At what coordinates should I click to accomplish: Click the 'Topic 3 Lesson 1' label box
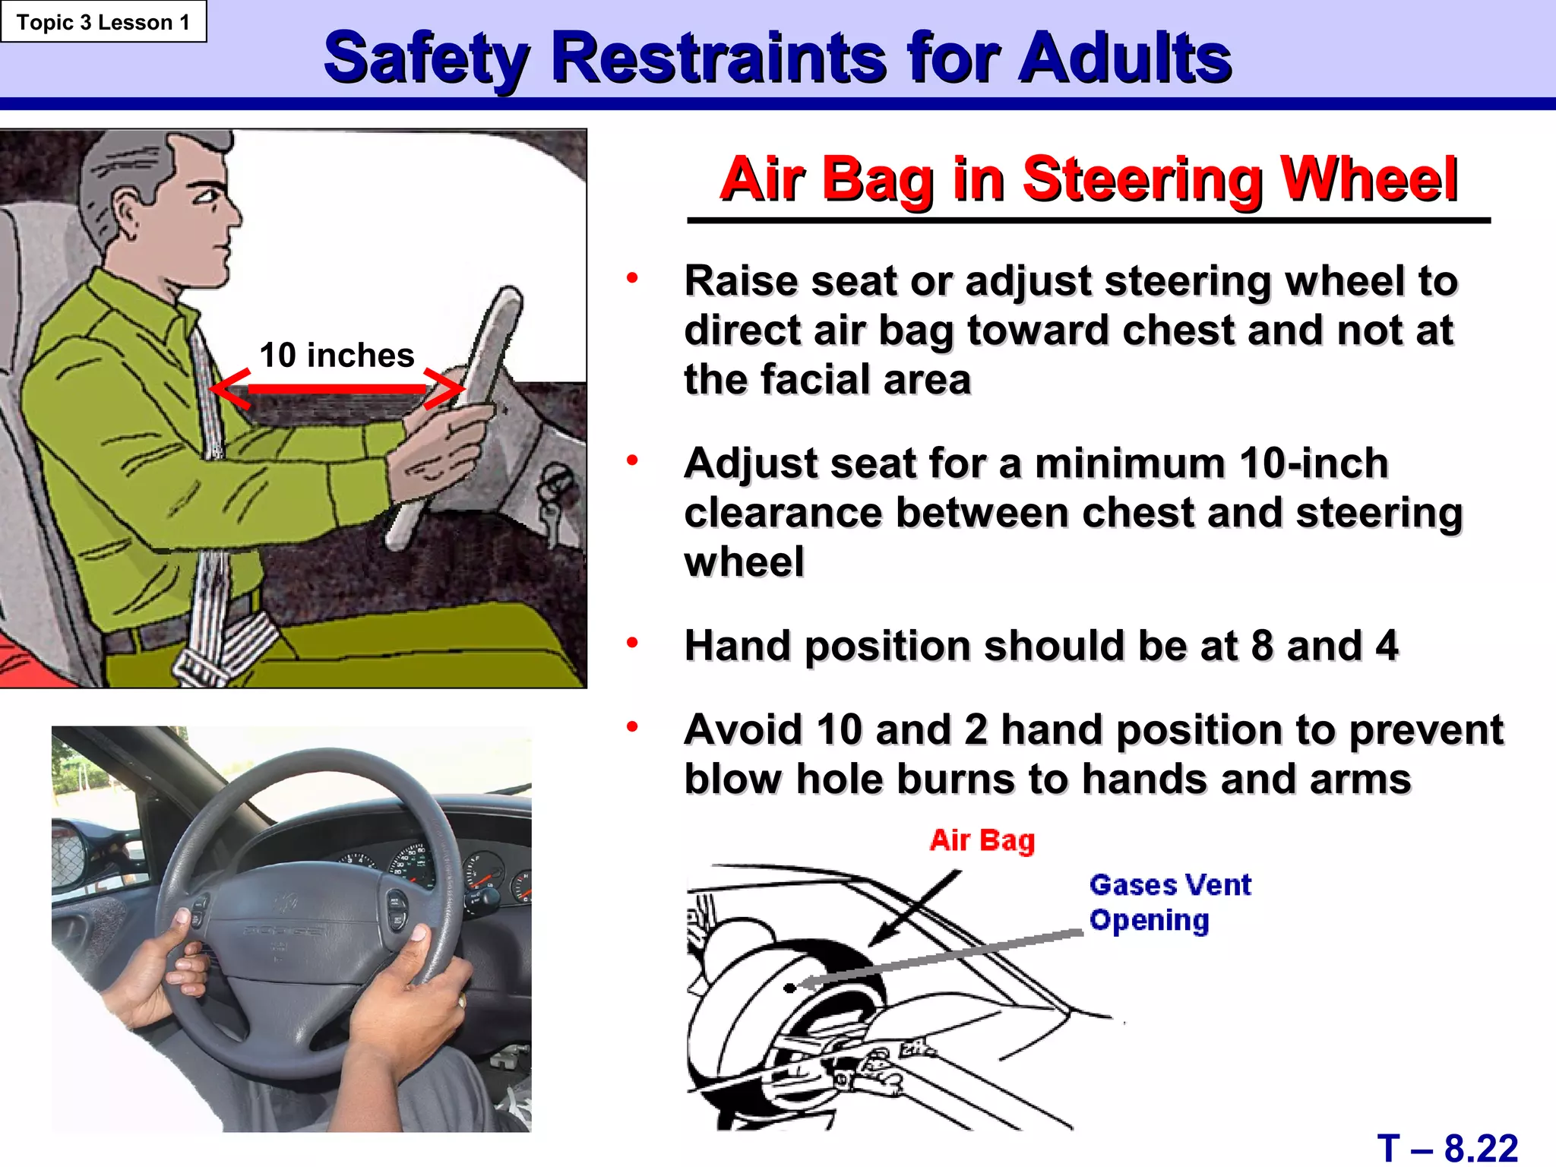[x=103, y=22]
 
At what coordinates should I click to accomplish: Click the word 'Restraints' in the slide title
[x=718, y=58]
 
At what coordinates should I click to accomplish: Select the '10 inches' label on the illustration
[x=337, y=356]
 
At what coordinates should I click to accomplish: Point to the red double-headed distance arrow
[x=337, y=389]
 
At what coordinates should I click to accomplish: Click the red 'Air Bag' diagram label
[x=982, y=840]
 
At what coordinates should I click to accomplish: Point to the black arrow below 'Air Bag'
[x=916, y=907]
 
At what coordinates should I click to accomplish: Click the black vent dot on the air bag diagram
[x=790, y=988]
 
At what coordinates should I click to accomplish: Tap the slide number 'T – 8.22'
[x=1447, y=1147]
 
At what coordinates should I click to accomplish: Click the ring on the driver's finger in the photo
[x=461, y=1001]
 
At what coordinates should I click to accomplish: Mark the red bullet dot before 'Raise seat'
[x=632, y=278]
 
